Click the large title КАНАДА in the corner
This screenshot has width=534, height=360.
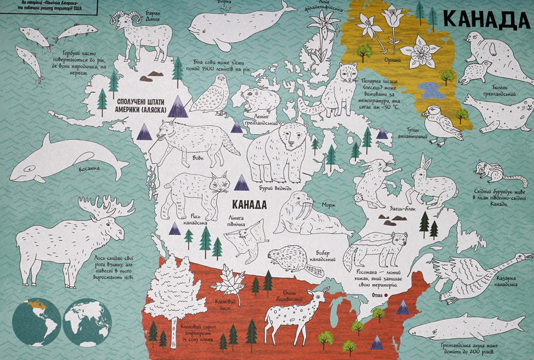click(487, 20)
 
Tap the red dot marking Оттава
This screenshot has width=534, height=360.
click(386, 296)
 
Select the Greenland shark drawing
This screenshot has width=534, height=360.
click(468, 327)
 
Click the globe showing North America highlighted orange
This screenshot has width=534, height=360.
click(35, 322)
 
